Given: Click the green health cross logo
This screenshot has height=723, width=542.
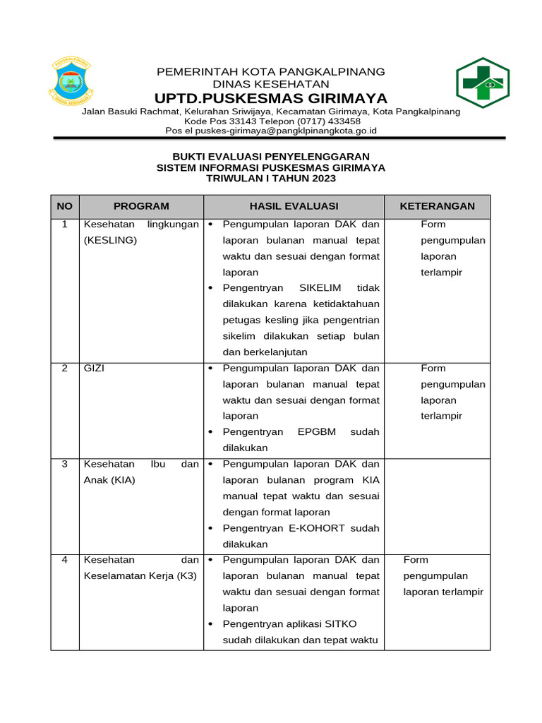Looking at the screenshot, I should click(x=482, y=83).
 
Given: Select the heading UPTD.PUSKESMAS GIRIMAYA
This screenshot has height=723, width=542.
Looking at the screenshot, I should click(x=271, y=98).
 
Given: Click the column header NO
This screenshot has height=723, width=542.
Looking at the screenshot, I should click(x=64, y=206).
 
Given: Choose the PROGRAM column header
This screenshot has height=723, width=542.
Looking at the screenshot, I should click(x=141, y=206).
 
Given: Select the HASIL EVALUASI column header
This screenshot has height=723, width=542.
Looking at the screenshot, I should click(x=294, y=206).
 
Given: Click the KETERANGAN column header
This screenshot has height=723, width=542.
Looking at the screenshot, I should click(x=437, y=206).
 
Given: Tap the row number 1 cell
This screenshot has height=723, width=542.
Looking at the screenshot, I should click(x=64, y=225).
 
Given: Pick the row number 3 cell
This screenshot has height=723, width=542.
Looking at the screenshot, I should click(x=64, y=465).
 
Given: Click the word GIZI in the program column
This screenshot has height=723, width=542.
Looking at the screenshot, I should click(x=94, y=369).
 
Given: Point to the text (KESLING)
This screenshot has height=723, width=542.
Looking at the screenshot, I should click(x=110, y=241).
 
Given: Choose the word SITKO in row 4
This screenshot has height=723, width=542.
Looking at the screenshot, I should click(x=342, y=624).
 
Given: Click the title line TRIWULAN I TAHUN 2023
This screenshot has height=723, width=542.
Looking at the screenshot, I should click(x=271, y=179).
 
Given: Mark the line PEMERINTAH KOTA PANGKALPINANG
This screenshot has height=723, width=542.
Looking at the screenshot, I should click(x=271, y=72).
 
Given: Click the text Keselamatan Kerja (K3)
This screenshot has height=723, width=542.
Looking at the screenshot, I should click(x=140, y=576).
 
